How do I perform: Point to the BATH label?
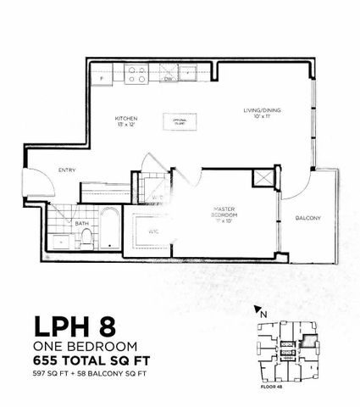80,224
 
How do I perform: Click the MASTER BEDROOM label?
223,215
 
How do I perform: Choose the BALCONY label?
307,218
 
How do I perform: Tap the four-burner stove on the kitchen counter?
136,76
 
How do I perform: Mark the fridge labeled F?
102,77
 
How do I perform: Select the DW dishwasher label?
169,81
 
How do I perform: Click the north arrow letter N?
263,314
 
